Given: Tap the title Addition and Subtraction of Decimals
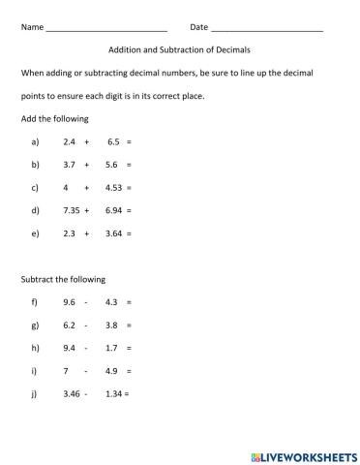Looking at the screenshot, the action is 180,49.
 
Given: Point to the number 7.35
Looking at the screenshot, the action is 71,210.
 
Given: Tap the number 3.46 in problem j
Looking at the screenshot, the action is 71,394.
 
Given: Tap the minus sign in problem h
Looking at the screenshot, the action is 86,348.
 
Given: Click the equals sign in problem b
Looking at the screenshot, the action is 128,165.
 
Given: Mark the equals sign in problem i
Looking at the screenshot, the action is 128,371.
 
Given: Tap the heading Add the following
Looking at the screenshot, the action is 54,118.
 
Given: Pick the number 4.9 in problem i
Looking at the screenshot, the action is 111,371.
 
